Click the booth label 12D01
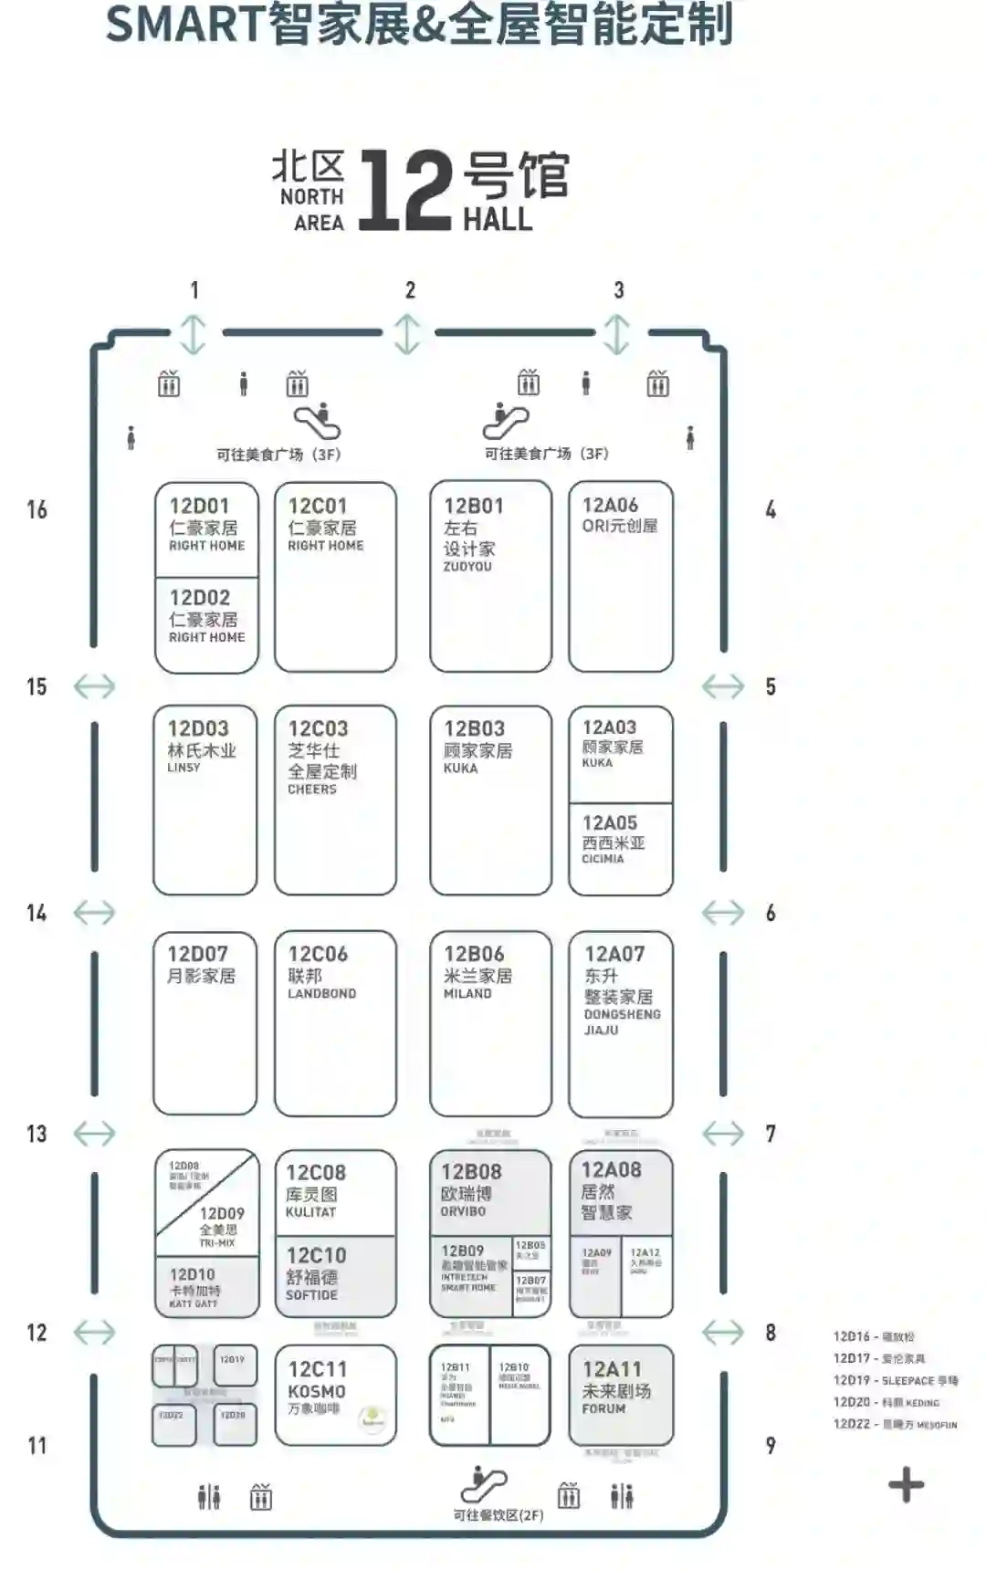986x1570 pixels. click(x=199, y=506)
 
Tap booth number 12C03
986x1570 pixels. click(x=318, y=728)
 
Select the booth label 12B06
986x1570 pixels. click(x=474, y=954)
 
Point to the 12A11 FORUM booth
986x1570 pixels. click(x=620, y=1392)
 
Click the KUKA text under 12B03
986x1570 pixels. click(x=461, y=769)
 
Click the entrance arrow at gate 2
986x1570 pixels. click(x=407, y=334)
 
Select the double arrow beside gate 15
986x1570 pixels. click(x=94, y=686)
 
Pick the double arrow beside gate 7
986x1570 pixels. click(x=723, y=1134)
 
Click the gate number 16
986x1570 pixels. click(x=37, y=509)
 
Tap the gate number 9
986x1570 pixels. click(x=771, y=1446)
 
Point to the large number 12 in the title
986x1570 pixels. click(x=405, y=191)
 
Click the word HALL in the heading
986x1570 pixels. click(x=498, y=220)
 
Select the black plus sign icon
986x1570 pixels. click(x=906, y=1485)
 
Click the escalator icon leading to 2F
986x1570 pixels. click(x=483, y=1483)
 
